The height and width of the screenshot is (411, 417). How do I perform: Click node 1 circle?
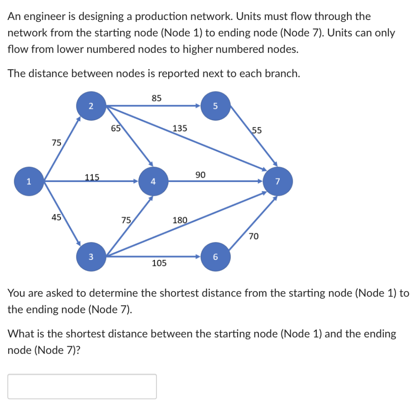pyautogui.click(x=29, y=182)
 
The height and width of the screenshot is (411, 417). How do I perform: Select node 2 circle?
pyautogui.click(x=91, y=106)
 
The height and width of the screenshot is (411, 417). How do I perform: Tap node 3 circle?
pyautogui.click(x=91, y=257)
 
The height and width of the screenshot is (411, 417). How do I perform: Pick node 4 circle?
pyautogui.click(x=153, y=182)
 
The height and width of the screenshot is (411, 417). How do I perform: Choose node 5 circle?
pyautogui.click(x=215, y=106)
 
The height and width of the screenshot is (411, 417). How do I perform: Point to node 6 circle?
pyautogui.click(x=215, y=257)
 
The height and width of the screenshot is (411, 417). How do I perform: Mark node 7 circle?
pyautogui.click(x=278, y=182)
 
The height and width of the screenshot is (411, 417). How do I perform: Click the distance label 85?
pyautogui.click(x=157, y=98)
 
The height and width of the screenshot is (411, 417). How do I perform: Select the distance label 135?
pyautogui.click(x=180, y=128)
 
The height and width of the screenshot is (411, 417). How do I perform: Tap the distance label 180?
pyautogui.click(x=180, y=220)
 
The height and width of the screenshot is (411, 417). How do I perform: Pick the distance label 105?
pyautogui.click(x=159, y=263)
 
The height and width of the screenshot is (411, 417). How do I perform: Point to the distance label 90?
pyautogui.click(x=200, y=175)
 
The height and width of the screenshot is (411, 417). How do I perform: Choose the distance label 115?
pyautogui.click(x=92, y=177)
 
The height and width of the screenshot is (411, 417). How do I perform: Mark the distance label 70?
pyautogui.click(x=254, y=236)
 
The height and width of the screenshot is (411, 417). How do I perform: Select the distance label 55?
pyautogui.click(x=257, y=131)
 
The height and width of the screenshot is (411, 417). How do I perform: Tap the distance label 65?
pyautogui.click(x=116, y=129)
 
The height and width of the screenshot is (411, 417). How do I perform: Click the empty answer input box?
pyautogui.click(x=82, y=386)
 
